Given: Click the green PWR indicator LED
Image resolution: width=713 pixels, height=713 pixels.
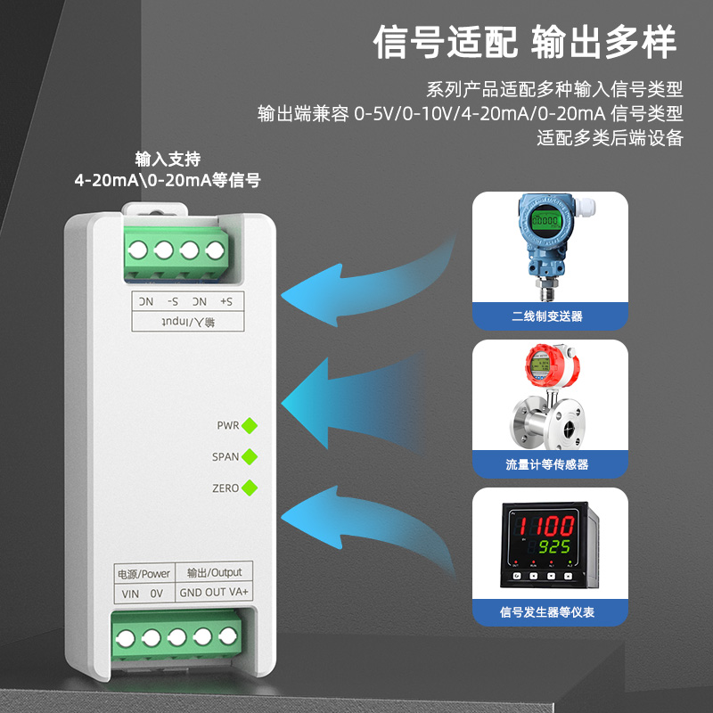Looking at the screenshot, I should pyautogui.click(x=250, y=425).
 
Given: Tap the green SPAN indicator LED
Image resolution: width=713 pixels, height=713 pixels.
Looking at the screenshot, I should pyautogui.click(x=250, y=456).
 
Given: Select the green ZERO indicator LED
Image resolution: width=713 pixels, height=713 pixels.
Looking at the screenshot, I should pyautogui.click(x=250, y=488).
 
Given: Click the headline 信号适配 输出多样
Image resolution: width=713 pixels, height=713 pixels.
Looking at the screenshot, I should pyautogui.click(x=525, y=42).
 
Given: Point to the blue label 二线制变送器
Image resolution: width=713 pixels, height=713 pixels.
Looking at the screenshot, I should pyautogui.click(x=547, y=316).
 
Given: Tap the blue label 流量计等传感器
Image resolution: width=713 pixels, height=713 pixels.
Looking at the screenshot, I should pyautogui.click(x=547, y=464).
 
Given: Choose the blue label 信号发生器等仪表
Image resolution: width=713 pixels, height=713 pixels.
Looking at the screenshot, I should pyautogui.click(x=547, y=612).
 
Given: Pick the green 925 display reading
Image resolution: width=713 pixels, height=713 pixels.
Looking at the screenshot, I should pyautogui.click(x=559, y=547).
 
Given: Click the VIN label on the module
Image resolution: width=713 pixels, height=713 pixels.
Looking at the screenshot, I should pyautogui.click(x=130, y=593).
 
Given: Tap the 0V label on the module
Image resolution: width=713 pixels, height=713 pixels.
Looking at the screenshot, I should pyautogui.click(x=157, y=593).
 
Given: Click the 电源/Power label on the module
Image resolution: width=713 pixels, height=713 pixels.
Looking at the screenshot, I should pyautogui.click(x=143, y=572).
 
